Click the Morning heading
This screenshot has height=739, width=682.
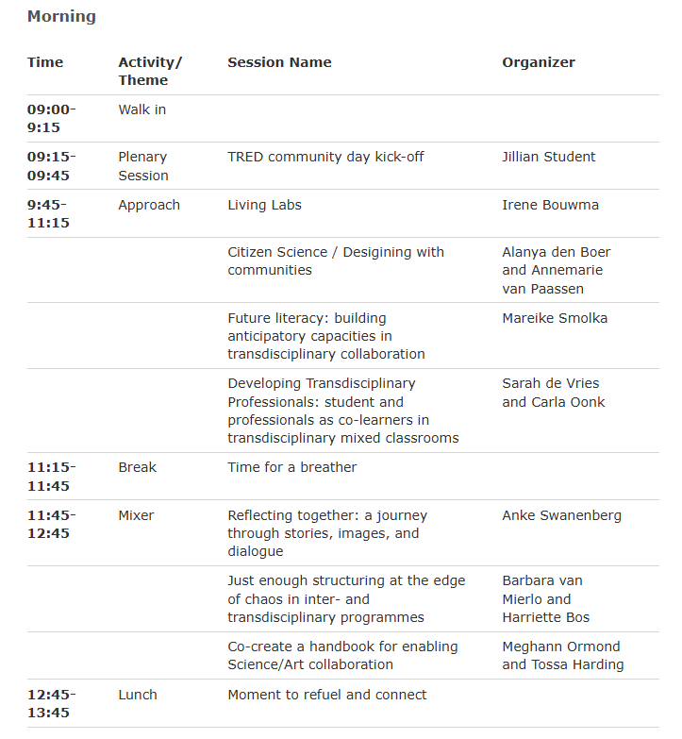[61, 16]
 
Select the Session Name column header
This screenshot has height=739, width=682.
[279, 62]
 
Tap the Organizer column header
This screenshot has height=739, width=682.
[538, 62]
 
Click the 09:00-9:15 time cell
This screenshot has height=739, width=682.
[52, 118]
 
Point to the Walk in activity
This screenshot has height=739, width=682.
[141, 109]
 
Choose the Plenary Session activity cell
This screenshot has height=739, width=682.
[143, 166]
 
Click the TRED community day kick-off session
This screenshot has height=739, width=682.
[325, 157]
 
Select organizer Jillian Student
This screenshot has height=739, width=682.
[548, 157]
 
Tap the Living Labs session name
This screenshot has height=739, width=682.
[264, 205]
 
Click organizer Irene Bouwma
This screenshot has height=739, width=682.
[550, 205]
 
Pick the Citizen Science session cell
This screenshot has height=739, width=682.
[335, 260]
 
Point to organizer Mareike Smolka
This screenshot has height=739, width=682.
[555, 318]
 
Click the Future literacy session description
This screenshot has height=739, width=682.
[325, 336]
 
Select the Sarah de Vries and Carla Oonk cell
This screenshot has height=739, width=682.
[553, 393]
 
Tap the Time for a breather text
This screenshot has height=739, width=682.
[291, 467]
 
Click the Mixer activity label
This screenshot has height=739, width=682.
[136, 515]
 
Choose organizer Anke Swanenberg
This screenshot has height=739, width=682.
[561, 515]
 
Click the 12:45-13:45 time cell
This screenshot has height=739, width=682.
[52, 703]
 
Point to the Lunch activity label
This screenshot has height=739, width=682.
[138, 695]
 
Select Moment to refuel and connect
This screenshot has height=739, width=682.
[326, 695]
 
